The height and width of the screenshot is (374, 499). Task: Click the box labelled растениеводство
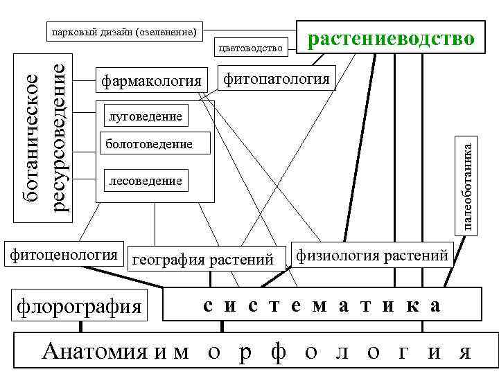[391, 37]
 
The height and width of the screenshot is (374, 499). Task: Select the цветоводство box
[251, 47]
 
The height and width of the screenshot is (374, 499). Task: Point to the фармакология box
[151, 81]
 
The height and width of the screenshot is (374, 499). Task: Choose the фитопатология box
[276, 78]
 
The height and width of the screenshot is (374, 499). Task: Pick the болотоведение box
[147, 145]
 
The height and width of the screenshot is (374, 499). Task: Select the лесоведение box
[142, 181]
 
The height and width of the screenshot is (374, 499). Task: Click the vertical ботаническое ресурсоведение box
[43, 139]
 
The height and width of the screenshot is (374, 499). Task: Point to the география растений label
[203, 260]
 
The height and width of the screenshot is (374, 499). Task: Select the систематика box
[322, 305]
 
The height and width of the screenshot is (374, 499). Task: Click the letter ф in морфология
[278, 352]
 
